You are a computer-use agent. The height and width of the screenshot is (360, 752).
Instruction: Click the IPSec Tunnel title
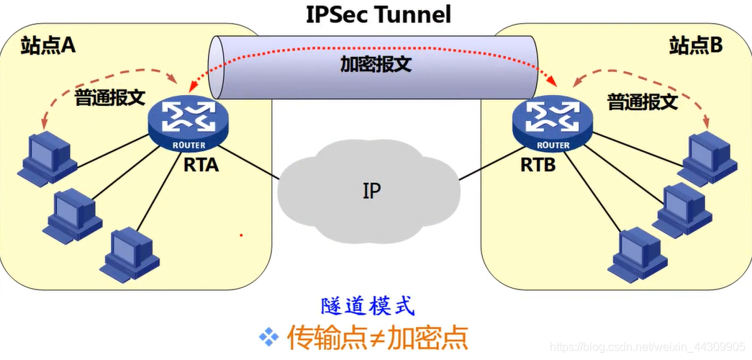(x=379, y=14)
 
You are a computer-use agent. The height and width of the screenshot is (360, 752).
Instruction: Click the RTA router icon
(x=188, y=122)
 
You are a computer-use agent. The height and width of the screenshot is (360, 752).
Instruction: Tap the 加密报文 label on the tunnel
(x=376, y=64)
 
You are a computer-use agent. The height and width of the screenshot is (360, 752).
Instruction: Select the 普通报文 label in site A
(x=109, y=99)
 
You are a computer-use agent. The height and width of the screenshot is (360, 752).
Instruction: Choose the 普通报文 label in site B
(x=643, y=102)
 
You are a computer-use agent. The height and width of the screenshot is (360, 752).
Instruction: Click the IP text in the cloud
(x=372, y=191)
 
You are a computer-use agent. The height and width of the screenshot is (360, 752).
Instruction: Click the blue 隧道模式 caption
(x=366, y=306)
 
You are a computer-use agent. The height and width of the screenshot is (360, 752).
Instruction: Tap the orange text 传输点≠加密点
(x=377, y=338)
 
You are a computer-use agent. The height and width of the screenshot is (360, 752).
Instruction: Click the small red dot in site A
(x=241, y=235)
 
